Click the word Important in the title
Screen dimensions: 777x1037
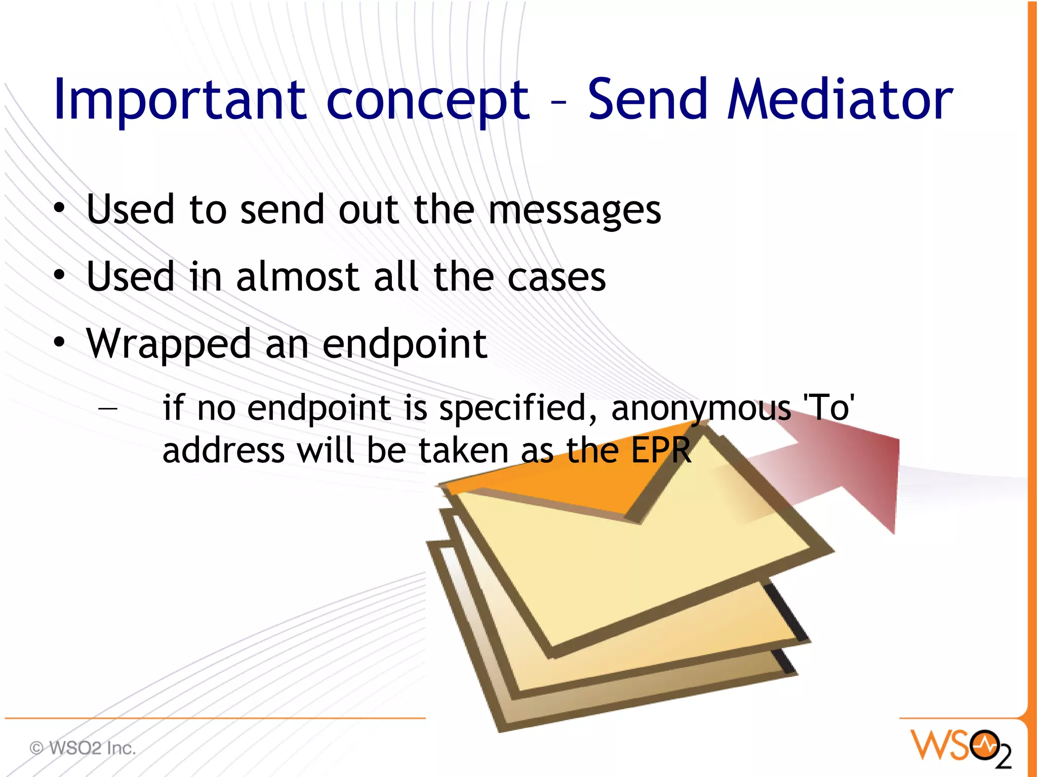180,100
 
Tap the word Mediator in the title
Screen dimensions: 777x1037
840,100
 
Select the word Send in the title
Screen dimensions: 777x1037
647,100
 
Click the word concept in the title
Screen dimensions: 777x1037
428,100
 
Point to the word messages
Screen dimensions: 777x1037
574,210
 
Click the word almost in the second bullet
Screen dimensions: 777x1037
298,277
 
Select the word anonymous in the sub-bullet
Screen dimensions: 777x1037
701,408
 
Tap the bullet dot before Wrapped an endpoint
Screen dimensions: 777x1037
60,342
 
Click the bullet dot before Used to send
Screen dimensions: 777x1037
60,208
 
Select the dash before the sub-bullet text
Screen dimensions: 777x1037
108,407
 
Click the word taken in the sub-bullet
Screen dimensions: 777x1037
463,450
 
